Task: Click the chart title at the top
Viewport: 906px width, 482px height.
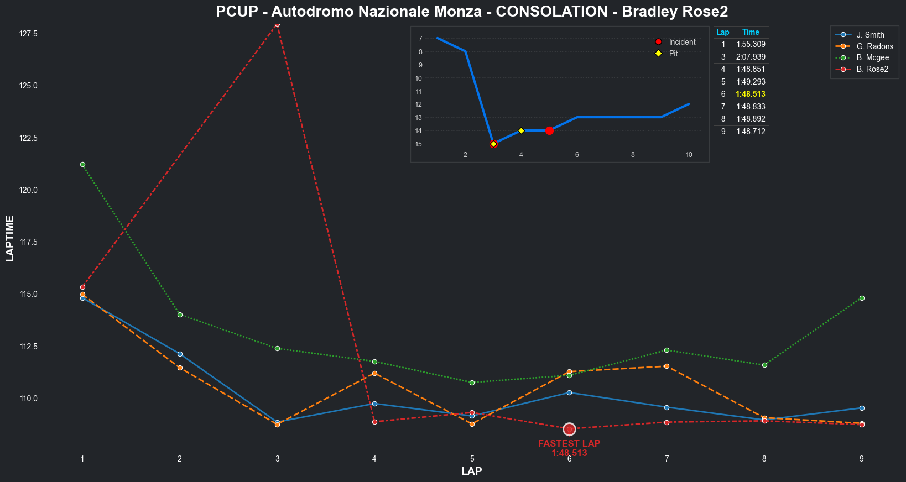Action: point(472,12)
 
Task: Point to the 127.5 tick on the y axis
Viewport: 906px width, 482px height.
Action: point(28,34)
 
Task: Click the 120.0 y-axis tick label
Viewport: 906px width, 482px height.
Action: point(28,190)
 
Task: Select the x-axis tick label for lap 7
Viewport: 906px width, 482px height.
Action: point(667,459)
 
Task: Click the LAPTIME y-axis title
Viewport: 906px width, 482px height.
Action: point(9,238)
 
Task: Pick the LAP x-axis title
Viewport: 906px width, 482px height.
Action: point(472,471)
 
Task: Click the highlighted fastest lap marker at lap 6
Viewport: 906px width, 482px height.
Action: point(569,429)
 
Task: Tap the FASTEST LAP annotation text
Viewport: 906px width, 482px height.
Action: point(569,443)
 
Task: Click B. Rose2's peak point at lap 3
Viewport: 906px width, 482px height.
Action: point(277,24)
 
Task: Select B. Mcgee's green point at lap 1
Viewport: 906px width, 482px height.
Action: point(82,164)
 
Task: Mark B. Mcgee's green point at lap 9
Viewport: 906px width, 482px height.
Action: point(862,298)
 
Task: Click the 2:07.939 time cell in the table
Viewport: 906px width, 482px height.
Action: point(751,57)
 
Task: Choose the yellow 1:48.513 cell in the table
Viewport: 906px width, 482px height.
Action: point(751,94)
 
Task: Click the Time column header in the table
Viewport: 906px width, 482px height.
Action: point(751,32)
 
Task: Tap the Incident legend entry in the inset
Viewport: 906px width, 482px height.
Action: point(682,42)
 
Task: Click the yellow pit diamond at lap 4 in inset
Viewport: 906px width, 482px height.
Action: point(521,130)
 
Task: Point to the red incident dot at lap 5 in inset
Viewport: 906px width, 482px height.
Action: point(549,130)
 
